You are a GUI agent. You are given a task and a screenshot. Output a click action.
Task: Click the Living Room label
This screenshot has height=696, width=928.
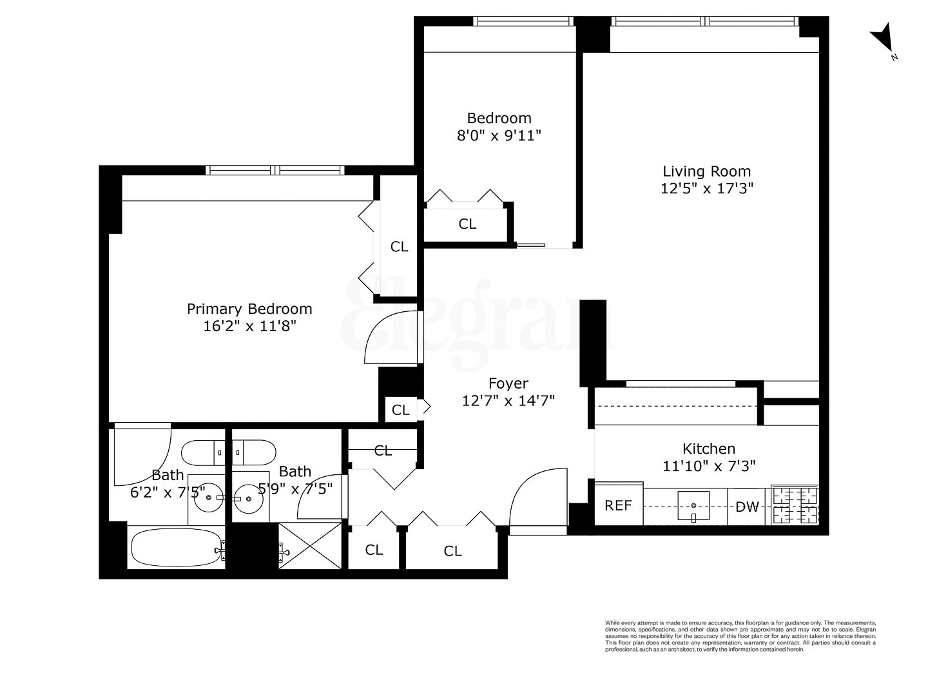[x=707, y=171]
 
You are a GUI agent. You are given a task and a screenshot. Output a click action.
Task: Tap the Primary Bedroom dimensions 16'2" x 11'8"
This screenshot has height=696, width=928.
[x=249, y=326]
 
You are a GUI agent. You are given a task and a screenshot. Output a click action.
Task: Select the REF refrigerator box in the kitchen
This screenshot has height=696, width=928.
[x=618, y=505]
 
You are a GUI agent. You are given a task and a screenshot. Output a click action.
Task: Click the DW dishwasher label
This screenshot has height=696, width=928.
[x=748, y=507]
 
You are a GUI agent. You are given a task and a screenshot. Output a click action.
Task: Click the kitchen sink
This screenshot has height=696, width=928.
[x=693, y=505]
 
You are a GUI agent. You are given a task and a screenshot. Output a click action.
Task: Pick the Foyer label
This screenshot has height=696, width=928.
[x=508, y=384]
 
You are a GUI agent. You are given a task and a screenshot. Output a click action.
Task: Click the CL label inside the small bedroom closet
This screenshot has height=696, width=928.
[x=467, y=224]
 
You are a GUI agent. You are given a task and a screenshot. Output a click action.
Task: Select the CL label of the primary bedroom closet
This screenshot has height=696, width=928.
[x=400, y=246]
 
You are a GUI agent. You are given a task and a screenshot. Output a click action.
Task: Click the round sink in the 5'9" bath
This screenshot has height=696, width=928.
[x=247, y=498]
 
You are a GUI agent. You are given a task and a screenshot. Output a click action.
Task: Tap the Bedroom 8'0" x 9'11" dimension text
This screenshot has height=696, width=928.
[x=499, y=135]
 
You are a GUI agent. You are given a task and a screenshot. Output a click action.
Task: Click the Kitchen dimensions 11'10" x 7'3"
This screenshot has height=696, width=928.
[x=709, y=465]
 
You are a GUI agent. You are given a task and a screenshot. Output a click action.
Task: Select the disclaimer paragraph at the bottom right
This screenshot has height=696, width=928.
[x=740, y=635]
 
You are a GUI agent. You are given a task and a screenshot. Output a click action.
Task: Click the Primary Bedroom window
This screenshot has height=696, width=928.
[x=275, y=170]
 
